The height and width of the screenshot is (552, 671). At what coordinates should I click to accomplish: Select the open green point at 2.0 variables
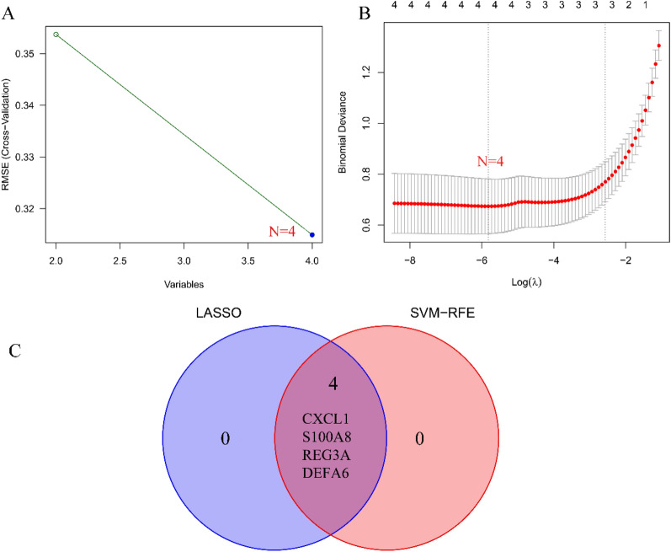click(56, 35)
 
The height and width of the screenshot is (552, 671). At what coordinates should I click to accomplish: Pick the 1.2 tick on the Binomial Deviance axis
click(365, 72)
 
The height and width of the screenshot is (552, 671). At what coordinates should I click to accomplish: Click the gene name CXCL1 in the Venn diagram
click(331, 418)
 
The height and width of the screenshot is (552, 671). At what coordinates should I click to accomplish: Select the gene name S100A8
click(331, 437)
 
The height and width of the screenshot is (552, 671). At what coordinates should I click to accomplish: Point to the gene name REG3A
click(331, 455)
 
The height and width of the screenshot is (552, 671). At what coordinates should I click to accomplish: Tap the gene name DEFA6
click(331, 474)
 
